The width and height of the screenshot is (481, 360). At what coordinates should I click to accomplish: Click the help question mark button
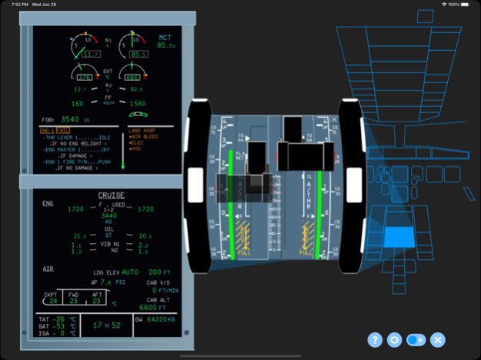pos(375,339)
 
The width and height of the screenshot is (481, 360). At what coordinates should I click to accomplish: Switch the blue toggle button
pos(416,339)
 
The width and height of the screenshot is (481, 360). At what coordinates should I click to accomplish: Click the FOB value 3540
pos(70,119)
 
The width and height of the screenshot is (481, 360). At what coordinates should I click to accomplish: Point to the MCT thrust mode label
pos(165,37)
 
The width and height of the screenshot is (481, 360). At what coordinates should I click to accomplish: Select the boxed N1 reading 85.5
pos(139,54)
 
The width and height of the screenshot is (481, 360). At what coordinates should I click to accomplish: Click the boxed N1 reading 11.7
pos(91,54)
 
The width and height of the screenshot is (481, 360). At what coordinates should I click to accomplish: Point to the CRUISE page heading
pos(111,195)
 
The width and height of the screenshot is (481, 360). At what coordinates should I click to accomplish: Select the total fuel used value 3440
pos(110,217)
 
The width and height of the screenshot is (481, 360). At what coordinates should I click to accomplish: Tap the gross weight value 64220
pos(159,318)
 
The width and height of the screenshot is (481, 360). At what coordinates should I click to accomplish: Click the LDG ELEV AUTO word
pos(129,272)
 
